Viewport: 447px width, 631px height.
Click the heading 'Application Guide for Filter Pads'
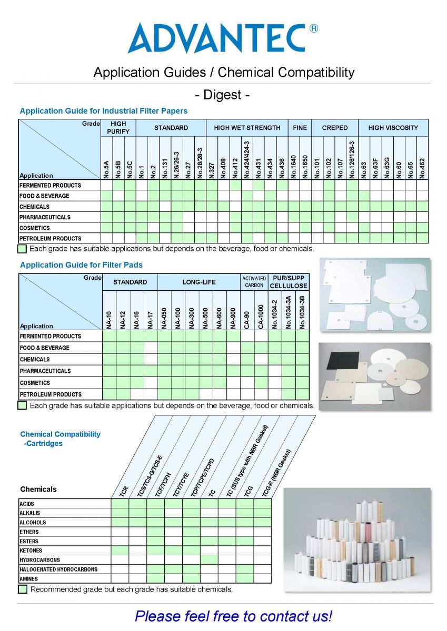coord(81,264)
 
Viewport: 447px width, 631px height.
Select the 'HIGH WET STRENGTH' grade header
coord(247,128)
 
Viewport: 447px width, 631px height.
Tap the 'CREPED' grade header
coord(335,128)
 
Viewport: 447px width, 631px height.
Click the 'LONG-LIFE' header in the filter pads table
coord(198,282)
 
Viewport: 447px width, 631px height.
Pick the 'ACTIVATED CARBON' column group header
coord(254,282)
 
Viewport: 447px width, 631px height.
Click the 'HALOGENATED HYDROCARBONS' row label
coord(58,569)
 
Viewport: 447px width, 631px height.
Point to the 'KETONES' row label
coord(31,551)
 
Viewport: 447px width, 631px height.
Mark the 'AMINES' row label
coord(28,579)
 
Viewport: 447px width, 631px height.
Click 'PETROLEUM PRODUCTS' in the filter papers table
coord(51,238)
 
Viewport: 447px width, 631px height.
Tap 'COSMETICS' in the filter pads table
coord(35,383)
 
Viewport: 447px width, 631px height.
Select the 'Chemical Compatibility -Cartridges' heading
coord(59,439)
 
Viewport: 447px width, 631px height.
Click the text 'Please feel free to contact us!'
coord(233,616)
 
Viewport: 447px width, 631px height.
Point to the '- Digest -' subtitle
coord(222,95)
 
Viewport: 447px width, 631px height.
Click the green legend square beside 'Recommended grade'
coord(23,589)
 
